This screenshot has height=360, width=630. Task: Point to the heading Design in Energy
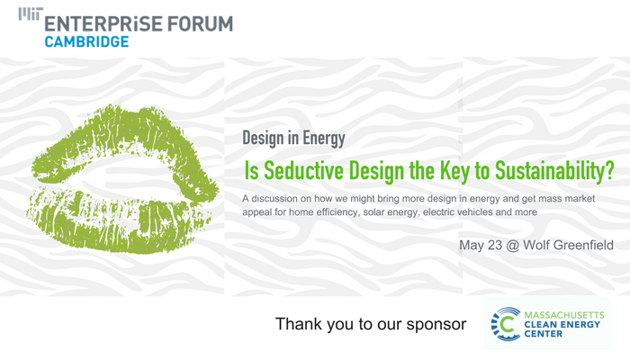click(293, 139)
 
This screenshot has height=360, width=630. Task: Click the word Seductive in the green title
click(307, 169)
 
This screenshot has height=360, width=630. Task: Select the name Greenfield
click(583, 244)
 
